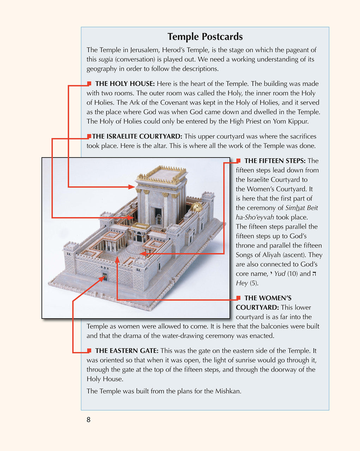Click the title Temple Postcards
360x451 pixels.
point(205,37)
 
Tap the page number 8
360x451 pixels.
point(89,419)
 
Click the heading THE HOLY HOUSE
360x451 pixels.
point(125,84)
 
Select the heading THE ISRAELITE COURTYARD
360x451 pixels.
point(137,136)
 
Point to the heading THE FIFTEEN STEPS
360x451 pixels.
point(275,161)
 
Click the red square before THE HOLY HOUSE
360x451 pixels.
point(89,84)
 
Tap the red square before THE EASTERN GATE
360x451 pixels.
point(89,351)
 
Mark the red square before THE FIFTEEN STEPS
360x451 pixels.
point(238,161)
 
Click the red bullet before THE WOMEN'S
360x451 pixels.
point(238,298)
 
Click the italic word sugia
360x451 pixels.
point(105,60)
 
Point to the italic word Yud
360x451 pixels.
point(280,274)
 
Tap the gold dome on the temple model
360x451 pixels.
point(197,206)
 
